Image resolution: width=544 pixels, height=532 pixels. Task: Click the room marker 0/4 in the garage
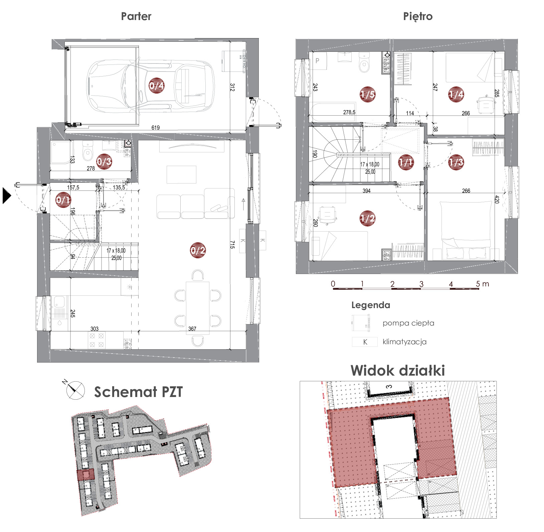156,86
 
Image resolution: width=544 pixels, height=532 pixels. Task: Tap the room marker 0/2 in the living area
198,250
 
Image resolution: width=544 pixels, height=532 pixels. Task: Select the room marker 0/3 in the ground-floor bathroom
104,162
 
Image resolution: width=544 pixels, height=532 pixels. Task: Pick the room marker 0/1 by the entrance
63,200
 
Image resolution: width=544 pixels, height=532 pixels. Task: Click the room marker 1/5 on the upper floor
367,95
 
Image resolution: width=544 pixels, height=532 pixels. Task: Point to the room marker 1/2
367,219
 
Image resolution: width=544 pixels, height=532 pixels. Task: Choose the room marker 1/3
456,162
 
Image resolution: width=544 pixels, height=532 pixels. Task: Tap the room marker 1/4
456,95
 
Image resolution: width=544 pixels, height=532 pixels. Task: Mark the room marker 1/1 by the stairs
406,162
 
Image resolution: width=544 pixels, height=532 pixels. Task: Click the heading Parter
136,16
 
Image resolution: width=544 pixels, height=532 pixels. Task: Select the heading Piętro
418,16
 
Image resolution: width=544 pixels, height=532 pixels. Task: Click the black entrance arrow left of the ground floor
7,196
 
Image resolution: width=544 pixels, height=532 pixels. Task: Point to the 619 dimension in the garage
156,127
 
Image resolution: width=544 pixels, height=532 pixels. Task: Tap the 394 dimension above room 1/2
367,191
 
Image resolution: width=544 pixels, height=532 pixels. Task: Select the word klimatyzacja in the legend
404,342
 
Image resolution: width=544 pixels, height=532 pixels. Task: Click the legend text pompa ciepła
408,323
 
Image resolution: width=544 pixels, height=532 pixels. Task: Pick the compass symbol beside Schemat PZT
74,390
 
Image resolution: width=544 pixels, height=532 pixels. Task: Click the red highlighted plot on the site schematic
85,475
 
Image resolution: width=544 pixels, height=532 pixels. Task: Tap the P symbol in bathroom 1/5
318,61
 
